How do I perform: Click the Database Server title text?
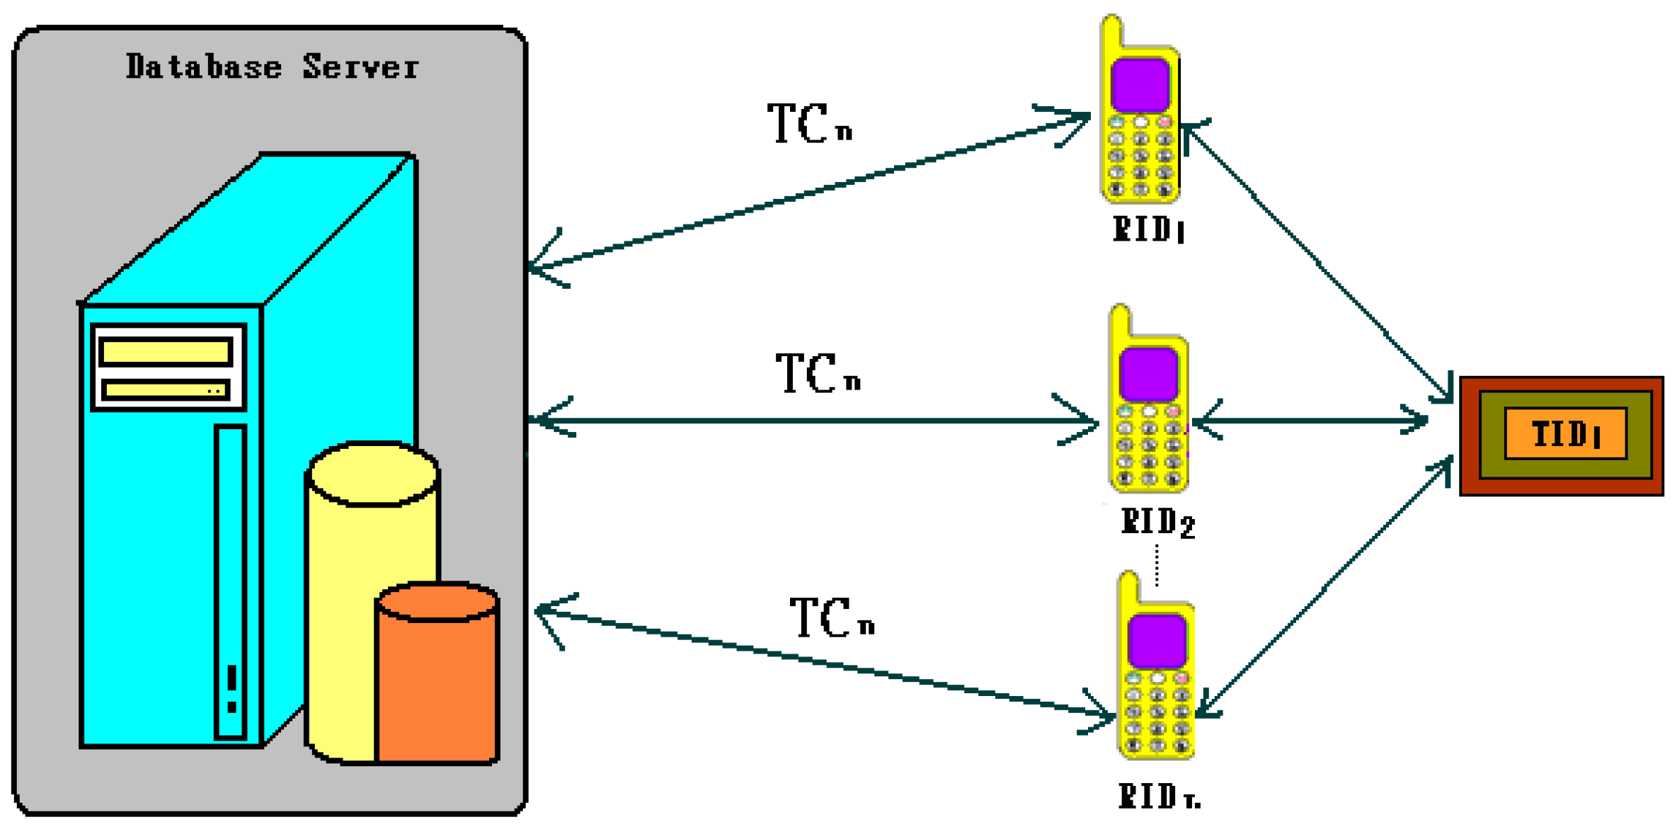pos(272,67)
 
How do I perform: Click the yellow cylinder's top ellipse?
pos(374,474)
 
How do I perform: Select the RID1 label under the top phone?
pos(1147,229)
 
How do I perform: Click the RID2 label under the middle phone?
pos(1157,523)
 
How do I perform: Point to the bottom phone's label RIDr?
pos(1158,796)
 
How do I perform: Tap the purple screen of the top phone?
pos(1140,85)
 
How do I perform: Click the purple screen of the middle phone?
pos(1148,374)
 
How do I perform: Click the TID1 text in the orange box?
pos(1565,434)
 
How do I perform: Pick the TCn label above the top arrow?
pos(810,123)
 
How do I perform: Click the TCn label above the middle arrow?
pos(818,373)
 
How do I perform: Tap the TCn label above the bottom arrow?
pos(832,617)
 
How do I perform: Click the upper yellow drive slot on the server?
pos(166,352)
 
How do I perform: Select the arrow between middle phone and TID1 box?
pos(1310,421)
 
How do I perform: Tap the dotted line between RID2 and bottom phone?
pos(1157,564)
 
